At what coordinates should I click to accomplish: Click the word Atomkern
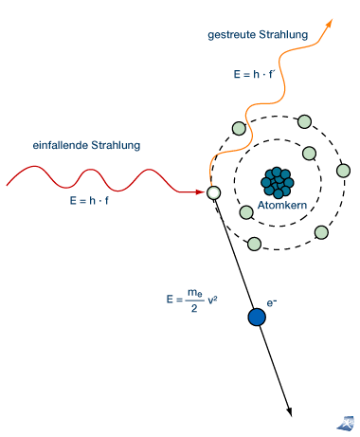pyautogui.click(x=282, y=205)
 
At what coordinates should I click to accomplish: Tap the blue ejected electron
pyautogui.click(x=257, y=317)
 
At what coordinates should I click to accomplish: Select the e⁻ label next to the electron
pyautogui.click(x=272, y=302)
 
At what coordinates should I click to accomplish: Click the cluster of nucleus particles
pyautogui.click(x=278, y=183)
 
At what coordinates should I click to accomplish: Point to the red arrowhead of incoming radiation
pyautogui.click(x=200, y=191)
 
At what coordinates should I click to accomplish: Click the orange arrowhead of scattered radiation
pyautogui.click(x=329, y=24)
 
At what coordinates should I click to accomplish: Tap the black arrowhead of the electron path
pyautogui.click(x=289, y=411)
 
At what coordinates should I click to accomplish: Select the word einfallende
pyautogui.click(x=61, y=145)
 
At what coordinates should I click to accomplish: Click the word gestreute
pyautogui.click(x=231, y=35)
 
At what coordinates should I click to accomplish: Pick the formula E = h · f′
pyautogui.click(x=253, y=74)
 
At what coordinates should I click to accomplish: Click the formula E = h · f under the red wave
pyautogui.click(x=89, y=201)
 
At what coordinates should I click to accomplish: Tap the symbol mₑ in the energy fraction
pyautogui.click(x=195, y=293)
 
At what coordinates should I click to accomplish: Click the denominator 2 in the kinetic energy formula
pyautogui.click(x=194, y=308)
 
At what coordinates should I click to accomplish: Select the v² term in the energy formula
pyautogui.click(x=212, y=300)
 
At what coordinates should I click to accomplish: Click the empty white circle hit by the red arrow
pyautogui.click(x=214, y=192)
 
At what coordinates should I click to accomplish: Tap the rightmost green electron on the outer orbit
pyautogui.click(x=343, y=171)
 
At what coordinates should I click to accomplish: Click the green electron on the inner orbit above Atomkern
pyautogui.click(x=309, y=154)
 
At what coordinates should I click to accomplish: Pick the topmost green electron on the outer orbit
pyautogui.click(x=304, y=121)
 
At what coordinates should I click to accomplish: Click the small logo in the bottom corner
pyautogui.click(x=346, y=423)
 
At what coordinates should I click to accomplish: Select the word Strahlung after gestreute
pyautogui.click(x=283, y=35)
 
